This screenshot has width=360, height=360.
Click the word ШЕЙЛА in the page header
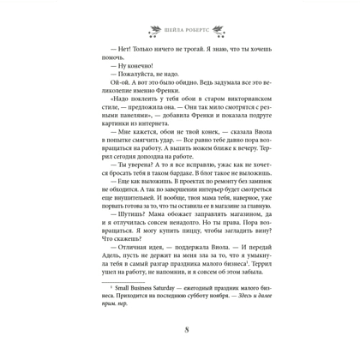pos(166,27)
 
